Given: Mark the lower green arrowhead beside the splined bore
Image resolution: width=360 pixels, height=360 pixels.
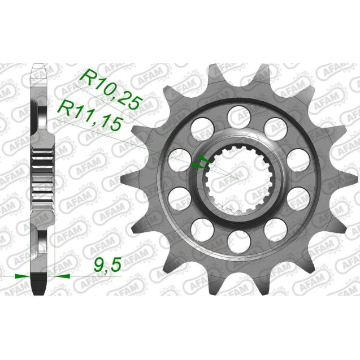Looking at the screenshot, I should point(197,166).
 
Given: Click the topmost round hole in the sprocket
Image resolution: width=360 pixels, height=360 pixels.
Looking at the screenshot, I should point(235,116).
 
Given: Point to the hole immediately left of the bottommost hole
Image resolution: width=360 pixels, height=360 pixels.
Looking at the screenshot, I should point(200,232).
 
